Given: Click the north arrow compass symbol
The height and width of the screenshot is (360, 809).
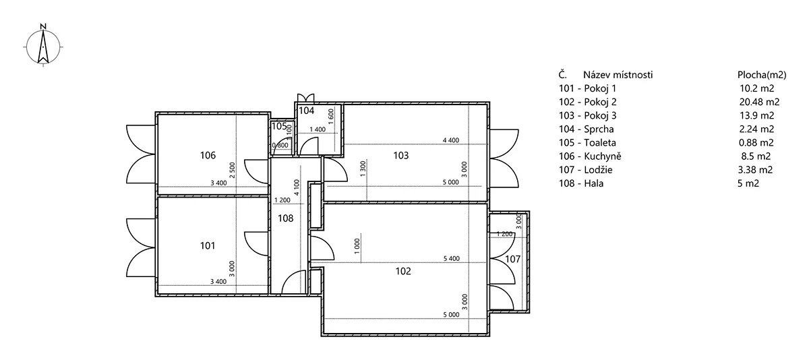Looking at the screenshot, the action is click(43, 47).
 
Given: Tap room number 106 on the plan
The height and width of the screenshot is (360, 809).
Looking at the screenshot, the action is click(208, 155).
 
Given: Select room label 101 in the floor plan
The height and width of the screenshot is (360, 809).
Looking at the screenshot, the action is click(208, 245).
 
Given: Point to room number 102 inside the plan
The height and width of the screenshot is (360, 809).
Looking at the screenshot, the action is click(403, 271).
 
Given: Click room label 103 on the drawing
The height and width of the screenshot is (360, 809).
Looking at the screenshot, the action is click(401, 156).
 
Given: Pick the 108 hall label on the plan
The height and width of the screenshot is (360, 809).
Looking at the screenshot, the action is click(285, 218).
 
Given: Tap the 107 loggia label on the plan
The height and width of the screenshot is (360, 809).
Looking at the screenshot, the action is click(512, 259).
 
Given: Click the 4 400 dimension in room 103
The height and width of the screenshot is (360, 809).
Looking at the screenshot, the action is click(451, 140).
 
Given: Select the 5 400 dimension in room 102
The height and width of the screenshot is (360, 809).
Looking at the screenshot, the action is click(452, 258).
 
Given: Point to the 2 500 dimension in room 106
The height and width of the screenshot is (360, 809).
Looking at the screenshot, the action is click(232, 170).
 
